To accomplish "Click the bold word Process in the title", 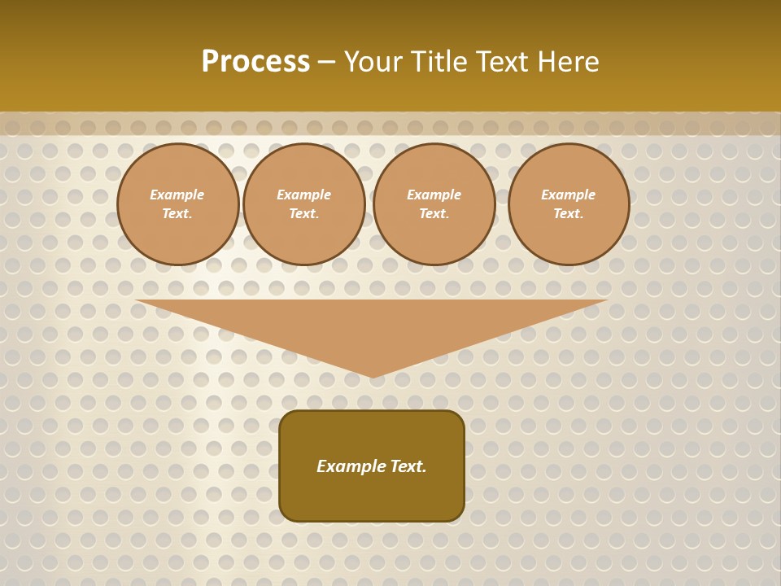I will pyautogui.click(x=255, y=62).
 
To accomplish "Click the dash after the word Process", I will pyautogui.click(x=327, y=63).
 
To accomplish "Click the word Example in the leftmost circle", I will pyautogui.click(x=177, y=195).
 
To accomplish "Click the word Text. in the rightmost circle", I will pyautogui.click(x=569, y=214).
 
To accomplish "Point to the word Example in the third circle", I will pyautogui.click(x=434, y=195).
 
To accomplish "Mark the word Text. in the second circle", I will pyautogui.click(x=304, y=214).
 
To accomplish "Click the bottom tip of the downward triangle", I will pyautogui.click(x=373, y=375).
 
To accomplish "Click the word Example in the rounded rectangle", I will pyautogui.click(x=351, y=466).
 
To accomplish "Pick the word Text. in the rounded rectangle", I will pyautogui.click(x=408, y=466).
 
